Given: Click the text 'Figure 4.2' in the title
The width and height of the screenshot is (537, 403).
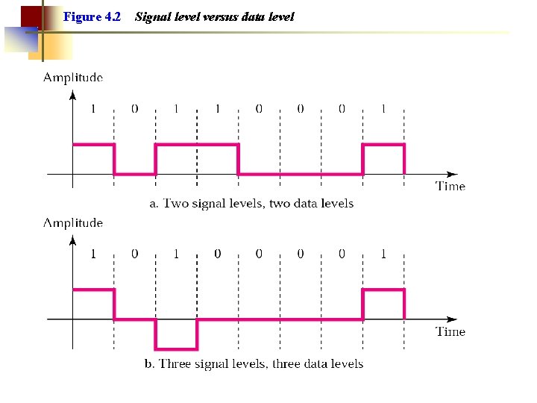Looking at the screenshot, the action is coord(92,16).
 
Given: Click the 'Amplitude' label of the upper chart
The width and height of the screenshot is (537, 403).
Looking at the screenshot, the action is coord(73,77).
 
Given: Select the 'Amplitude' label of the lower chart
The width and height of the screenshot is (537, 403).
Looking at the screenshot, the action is coord(73,222).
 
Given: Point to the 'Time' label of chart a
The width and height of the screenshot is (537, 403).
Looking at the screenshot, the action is coord(450,187).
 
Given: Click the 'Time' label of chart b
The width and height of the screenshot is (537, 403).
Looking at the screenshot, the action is coord(450,331).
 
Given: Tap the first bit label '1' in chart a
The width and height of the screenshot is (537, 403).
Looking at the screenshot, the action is coord(93,109).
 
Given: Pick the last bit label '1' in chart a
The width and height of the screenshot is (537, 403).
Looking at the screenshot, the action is coord(383,109).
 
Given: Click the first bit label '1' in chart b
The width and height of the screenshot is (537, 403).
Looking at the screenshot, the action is coord(93,254).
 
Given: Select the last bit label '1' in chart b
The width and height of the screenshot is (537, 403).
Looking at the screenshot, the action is coord(383,254).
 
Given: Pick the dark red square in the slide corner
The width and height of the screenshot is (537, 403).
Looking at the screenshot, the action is coord(30,16).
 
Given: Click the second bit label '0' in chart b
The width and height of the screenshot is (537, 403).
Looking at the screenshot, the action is coord(218,254).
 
